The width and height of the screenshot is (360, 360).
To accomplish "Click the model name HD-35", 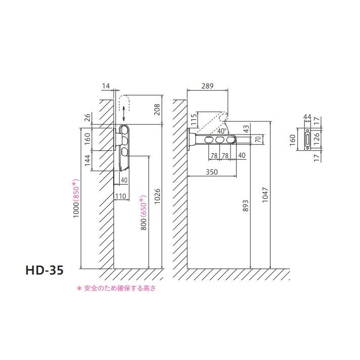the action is (x=44, y=270).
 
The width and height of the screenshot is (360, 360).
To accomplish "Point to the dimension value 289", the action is (x=207, y=86).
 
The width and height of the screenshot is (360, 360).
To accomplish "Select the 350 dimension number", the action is (x=212, y=172).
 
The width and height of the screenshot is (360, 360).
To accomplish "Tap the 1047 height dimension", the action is (x=265, y=195).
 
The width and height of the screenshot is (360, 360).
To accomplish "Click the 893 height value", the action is (x=245, y=206).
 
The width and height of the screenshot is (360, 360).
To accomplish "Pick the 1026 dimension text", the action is (x=157, y=197).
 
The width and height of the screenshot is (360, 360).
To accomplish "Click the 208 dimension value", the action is (x=157, y=110).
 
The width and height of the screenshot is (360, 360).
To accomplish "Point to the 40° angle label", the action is (x=222, y=131).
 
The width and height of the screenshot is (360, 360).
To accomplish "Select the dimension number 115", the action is (x=194, y=119).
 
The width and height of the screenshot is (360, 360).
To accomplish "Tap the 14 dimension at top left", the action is (x=106, y=86).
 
